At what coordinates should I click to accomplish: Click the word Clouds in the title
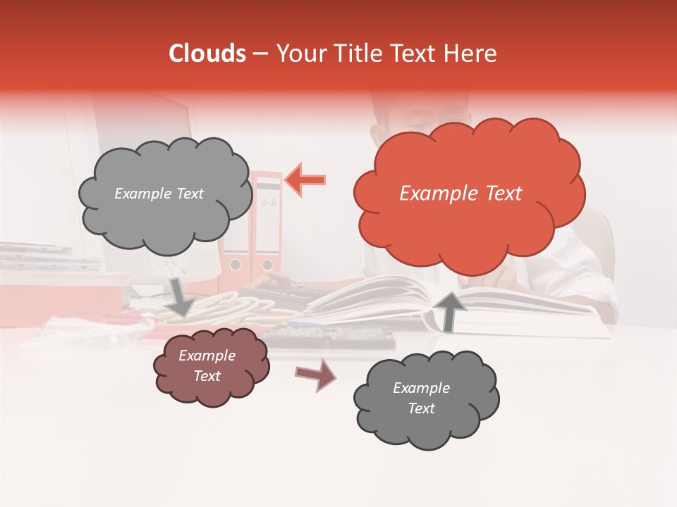pos(207,54)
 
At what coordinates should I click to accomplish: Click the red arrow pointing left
pos(305,180)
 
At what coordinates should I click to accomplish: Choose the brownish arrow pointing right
pos(316,375)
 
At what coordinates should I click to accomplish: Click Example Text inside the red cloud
pos(461,194)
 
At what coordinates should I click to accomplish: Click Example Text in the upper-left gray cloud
pos(159,194)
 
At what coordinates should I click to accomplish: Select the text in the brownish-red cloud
pos(207,365)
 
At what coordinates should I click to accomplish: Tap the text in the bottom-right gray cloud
pos(421,398)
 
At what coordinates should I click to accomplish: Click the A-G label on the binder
pos(269,202)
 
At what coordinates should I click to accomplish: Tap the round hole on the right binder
pos(267,265)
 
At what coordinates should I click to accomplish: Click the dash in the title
pos(260,54)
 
